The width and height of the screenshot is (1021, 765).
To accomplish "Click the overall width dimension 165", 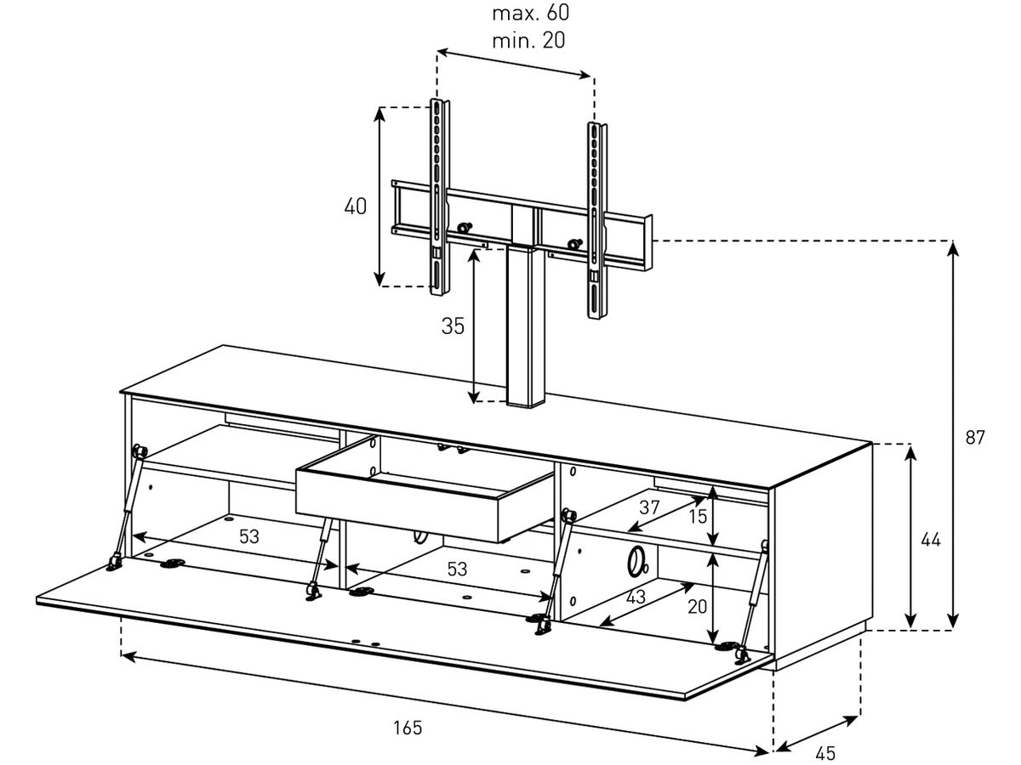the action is point(408,728).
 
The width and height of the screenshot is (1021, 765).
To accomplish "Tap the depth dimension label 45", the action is point(825,753).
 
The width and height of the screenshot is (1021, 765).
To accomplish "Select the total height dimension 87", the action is point(975,437).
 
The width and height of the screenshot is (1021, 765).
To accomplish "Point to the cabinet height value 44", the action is point(931,540).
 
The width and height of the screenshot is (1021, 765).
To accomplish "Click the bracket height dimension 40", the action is point(356,207).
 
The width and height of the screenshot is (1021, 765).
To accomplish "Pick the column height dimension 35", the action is point(453,326).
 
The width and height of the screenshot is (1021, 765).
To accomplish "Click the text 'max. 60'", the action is point(530,13).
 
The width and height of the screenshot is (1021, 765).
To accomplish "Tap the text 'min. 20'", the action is point(528,41).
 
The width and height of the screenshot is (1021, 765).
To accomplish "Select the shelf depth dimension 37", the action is point(649,507).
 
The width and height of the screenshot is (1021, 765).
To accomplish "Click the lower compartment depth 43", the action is point(636,598).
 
